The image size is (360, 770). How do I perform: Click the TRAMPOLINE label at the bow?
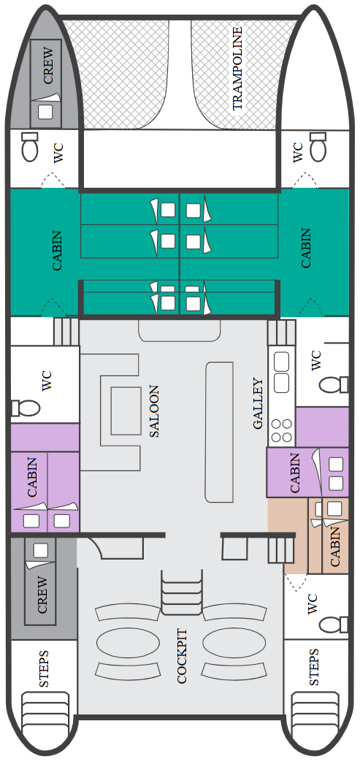click(237, 68)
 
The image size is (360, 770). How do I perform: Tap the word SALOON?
click(154, 411)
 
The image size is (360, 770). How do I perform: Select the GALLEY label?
click(258, 404)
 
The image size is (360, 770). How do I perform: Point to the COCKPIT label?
click(183, 655)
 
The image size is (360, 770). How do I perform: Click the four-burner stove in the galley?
click(282, 430)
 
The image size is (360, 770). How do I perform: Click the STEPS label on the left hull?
click(44, 668)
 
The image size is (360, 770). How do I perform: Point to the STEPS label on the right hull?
click(314, 668)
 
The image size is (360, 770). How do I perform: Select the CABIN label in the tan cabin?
click(335, 546)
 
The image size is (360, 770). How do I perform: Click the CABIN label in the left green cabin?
click(58, 251)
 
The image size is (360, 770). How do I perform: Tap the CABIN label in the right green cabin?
click(306, 248)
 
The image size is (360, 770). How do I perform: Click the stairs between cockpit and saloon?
click(182, 592)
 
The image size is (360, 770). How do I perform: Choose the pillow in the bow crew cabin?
click(45, 112)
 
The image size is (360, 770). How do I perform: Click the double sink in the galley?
click(281, 373)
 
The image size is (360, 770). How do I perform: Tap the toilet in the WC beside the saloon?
click(26, 408)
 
